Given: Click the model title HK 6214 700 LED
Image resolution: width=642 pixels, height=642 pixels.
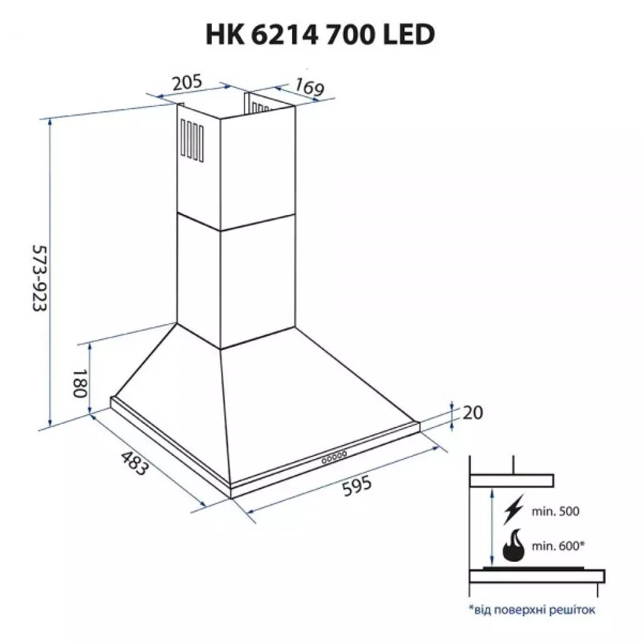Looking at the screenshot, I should point(320,35).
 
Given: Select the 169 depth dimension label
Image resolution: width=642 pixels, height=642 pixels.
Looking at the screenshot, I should point(307,87).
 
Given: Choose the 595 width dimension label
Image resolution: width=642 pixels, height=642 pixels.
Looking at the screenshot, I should point(356,488).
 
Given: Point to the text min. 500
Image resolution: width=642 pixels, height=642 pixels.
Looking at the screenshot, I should point(555,511).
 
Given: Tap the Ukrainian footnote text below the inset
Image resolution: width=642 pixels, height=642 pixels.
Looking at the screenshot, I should point(530,608).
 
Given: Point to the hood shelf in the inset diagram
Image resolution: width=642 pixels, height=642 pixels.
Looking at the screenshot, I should point(512,481).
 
